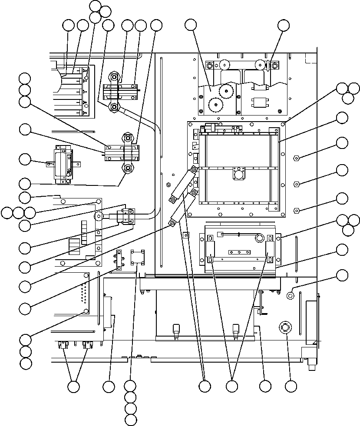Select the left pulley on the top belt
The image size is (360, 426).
tap(225, 65)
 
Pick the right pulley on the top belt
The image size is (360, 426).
tap(259, 65)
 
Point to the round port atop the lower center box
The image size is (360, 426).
tap(260, 238)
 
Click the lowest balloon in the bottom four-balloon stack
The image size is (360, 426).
tap(130, 419)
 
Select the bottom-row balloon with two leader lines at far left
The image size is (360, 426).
tap(73, 386)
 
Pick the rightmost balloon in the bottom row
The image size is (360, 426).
tap(291, 386)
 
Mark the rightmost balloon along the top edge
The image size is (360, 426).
tap(283, 25)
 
